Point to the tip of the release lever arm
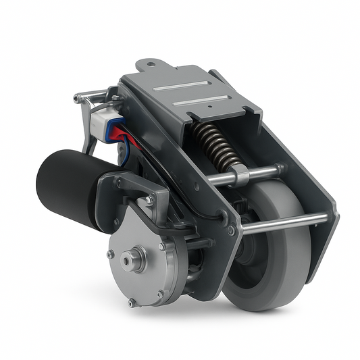pyautogui.click(x=76, y=99)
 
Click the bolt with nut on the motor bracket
pyautogui.click(x=148, y=200)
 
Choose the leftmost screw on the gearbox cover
pyautogui.click(x=110, y=254)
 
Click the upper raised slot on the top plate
pyautogui.click(x=179, y=87)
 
